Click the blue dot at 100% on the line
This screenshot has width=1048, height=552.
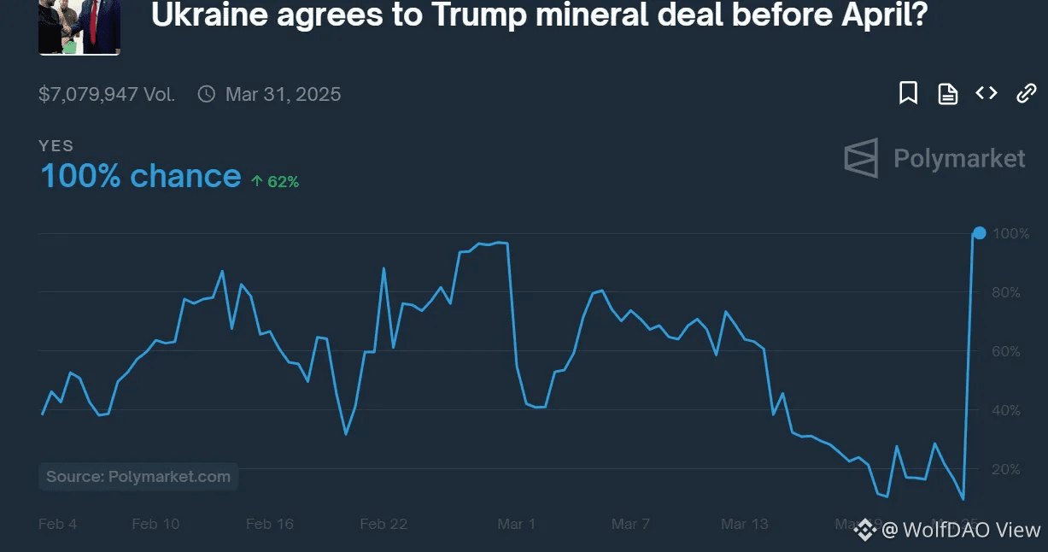(x=980, y=233)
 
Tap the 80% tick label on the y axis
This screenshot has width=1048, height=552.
(x=1005, y=293)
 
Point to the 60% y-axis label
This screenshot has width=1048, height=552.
(x=1005, y=352)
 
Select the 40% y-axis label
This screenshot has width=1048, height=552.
(x=1005, y=411)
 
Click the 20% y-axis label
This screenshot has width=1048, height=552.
(x=1005, y=470)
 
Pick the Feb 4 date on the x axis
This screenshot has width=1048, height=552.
(x=57, y=524)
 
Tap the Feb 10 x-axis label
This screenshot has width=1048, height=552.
(x=155, y=524)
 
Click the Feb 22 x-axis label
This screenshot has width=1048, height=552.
(x=383, y=524)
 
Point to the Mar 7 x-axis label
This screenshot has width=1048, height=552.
(x=630, y=524)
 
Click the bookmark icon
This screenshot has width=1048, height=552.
(x=908, y=93)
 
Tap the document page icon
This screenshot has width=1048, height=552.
(x=947, y=93)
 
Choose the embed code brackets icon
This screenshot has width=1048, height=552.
(x=987, y=92)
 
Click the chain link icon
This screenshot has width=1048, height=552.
(x=1026, y=93)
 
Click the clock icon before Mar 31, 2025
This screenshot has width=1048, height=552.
(x=206, y=94)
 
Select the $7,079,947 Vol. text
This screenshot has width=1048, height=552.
(x=107, y=94)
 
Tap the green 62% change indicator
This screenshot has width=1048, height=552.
(x=274, y=181)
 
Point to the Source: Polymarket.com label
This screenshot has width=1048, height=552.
(x=138, y=477)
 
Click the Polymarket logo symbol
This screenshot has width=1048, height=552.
(x=861, y=158)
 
